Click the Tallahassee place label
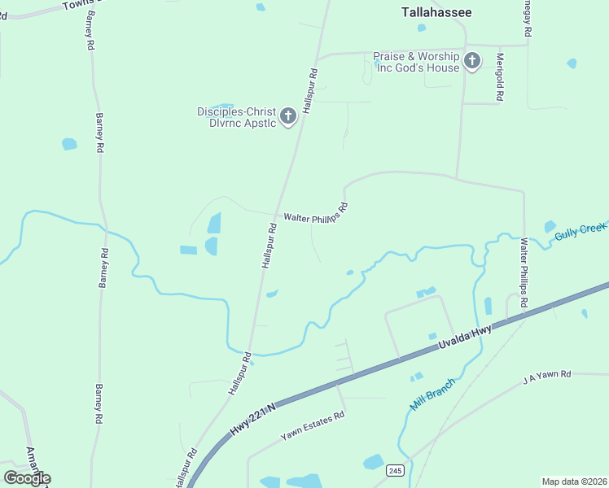point(436,12)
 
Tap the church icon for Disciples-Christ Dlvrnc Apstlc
point(287,117)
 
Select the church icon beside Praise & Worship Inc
point(472,61)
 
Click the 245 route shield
point(395,471)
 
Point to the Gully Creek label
point(581,229)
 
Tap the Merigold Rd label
point(500,78)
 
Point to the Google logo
point(28,477)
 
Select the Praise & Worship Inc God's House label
point(416,62)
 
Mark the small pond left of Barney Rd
point(69,144)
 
